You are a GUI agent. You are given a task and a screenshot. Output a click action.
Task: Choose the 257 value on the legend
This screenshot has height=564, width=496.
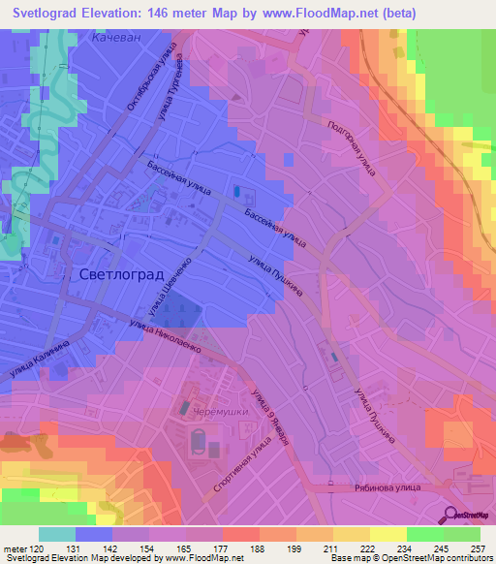click(x=479, y=549)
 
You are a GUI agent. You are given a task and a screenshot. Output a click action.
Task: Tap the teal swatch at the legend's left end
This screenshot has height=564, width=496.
click(x=58, y=534)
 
